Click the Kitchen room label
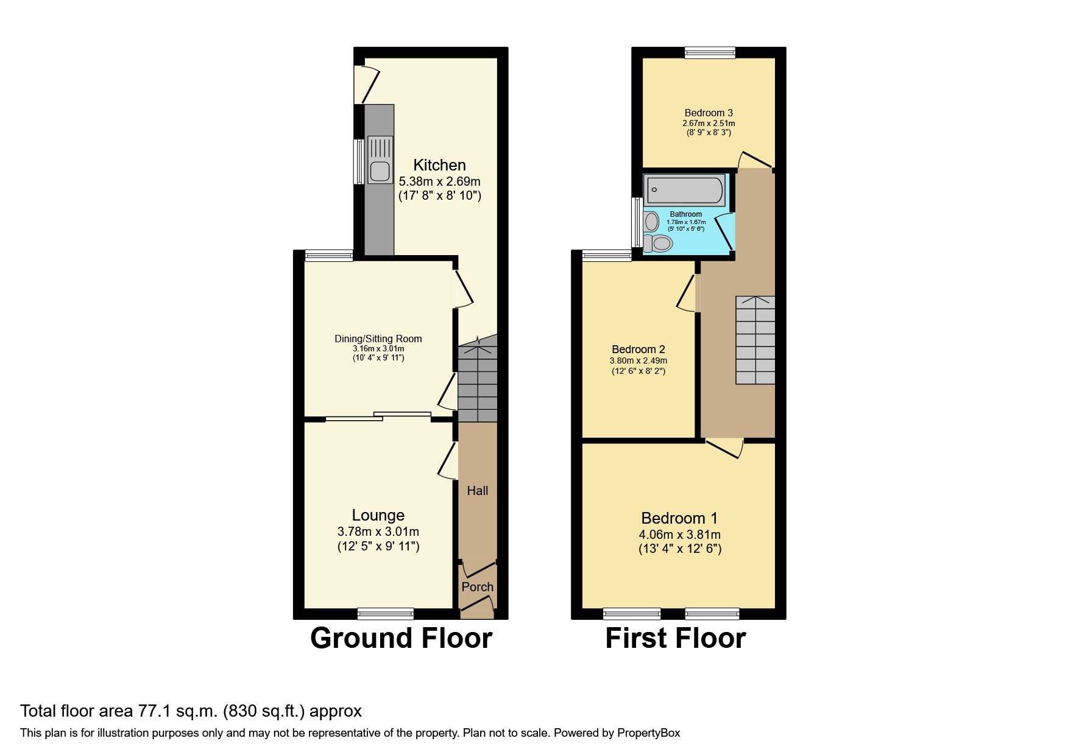pos(439,165)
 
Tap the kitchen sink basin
pos(380,171)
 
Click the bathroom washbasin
pos(651,221)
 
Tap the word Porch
pos(477,587)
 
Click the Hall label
pos(478,491)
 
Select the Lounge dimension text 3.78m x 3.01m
pos(378,532)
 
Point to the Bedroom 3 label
pos(709,113)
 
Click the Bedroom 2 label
pos(639,349)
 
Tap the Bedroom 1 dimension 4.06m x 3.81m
pos(679,535)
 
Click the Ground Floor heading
pos(401,638)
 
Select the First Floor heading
pos(676,638)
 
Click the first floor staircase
pos(755,340)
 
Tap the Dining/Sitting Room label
pos(378,339)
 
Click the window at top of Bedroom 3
pos(710,53)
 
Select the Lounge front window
pos(386,613)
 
